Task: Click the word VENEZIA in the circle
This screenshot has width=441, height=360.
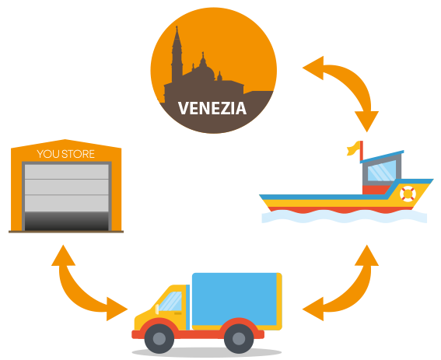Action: pos(212,108)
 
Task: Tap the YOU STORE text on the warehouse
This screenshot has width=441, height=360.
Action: pos(66,154)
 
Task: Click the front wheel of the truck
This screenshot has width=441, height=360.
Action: pos(159,338)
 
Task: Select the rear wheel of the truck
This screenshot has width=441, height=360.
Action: pos(239,338)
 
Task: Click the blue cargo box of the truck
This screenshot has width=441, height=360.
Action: pos(234,299)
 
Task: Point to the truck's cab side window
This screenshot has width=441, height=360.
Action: pos(170,301)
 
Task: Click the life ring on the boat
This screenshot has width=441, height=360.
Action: pos(408,194)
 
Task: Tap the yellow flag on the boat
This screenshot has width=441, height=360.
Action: pos(353,149)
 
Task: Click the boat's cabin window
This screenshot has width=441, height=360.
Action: pos(382,170)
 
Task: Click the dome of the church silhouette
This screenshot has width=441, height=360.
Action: pos(205,70)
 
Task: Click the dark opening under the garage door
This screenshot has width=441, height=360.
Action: pos(67,222)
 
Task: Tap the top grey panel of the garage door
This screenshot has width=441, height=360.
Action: pos(67,172)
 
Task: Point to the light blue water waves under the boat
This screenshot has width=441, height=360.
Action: pos(345,217)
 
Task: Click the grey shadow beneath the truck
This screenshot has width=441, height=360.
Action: pos(207,352)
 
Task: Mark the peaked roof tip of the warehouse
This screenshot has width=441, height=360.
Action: pos(65,139)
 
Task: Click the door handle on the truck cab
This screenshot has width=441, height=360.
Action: pos(178,313)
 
